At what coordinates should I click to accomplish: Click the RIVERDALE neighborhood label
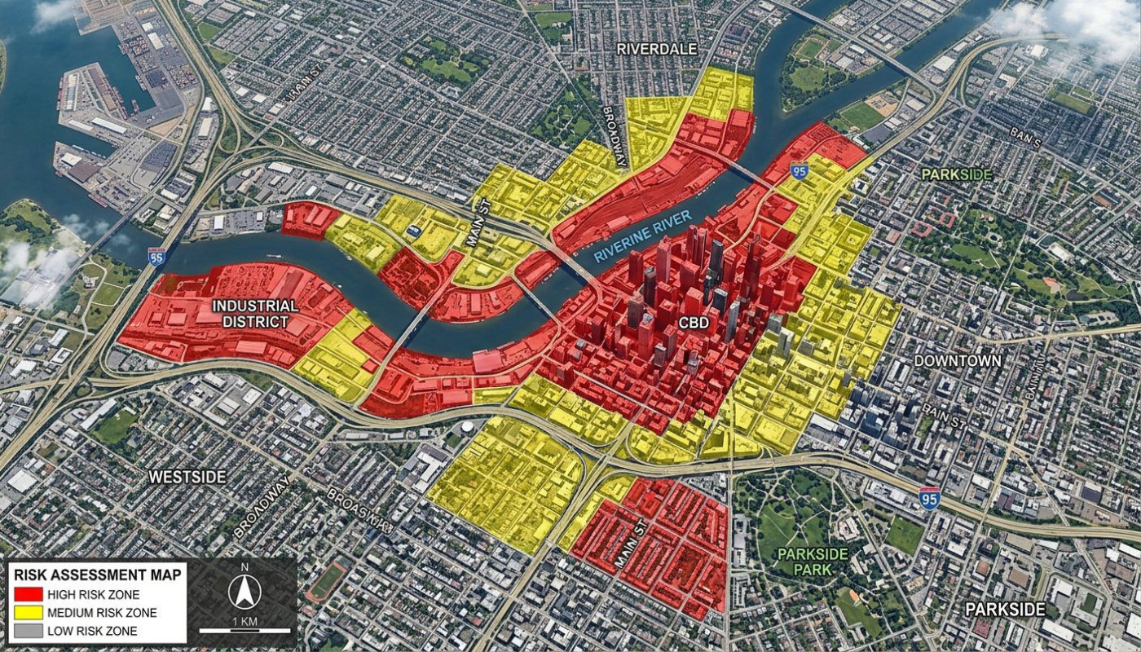[x=657, y=49]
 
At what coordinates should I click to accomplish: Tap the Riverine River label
[x=642, y=236]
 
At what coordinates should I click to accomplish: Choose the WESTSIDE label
[x=187, y=477]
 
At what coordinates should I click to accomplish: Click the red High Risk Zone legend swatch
[x=29, y=595]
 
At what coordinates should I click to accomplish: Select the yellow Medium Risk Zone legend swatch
[x=29, y=613]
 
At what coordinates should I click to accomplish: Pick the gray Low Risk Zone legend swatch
[x=29, y=631]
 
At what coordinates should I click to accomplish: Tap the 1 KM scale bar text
[x=244, y=622]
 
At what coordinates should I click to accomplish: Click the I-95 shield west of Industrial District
[x=156, y=257]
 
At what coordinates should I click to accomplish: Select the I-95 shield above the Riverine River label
[x=799, y=172]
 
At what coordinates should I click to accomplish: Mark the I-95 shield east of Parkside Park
[x=928, y=498]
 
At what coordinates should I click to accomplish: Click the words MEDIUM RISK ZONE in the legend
[x=102, y=613]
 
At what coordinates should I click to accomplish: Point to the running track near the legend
[x=327, y=582]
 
